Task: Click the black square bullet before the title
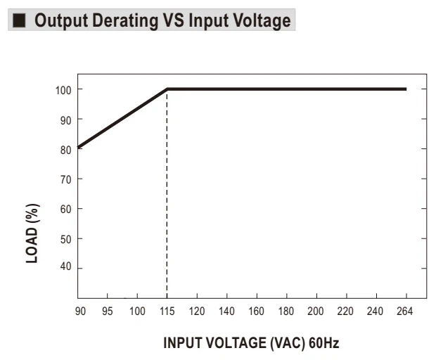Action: point(19,20)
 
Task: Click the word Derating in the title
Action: point(125,21)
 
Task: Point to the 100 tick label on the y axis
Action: point(63,90)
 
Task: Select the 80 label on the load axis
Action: point(65,150)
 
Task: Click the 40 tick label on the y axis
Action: point(65,266)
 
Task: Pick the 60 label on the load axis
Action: point(65,209)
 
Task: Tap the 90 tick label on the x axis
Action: point(80,311)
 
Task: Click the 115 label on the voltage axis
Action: point(167,311)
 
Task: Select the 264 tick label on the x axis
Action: point(404,311)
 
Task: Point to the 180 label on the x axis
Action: point(286,311)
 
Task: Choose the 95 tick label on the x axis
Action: point(108,311)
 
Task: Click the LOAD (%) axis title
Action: point(32,233)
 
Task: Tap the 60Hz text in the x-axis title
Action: point(324,342)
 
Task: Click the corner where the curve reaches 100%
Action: point(167,89)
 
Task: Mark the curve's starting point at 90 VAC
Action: point(78,147)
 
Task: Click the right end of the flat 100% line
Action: point(406,89)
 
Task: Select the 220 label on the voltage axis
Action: point(345,311)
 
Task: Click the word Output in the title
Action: point(61,21)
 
